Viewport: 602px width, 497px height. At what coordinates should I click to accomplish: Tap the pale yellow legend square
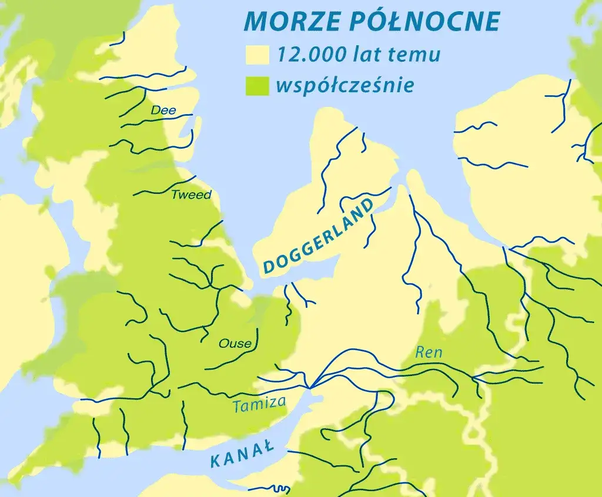257,55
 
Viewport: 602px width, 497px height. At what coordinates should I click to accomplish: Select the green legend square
257,86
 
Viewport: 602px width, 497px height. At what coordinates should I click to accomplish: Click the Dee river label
163,110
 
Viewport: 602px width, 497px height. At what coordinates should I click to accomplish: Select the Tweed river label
190,195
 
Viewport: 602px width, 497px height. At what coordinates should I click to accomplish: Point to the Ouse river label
235,344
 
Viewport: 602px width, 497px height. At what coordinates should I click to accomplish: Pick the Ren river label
428,352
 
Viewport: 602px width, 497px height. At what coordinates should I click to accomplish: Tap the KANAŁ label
242,454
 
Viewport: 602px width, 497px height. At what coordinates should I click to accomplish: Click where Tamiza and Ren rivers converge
310,386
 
